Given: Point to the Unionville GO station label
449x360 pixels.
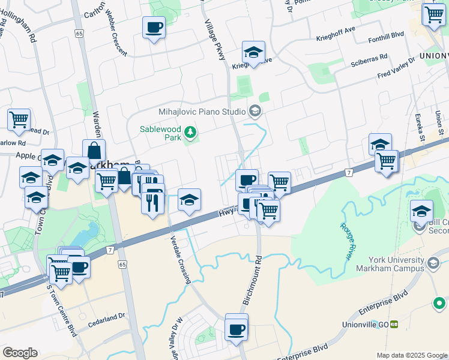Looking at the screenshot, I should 369,325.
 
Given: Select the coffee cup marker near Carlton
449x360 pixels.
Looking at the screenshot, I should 154,28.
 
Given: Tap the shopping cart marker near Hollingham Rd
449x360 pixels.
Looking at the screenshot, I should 19,119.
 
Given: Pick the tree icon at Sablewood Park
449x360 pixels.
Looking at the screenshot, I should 190,131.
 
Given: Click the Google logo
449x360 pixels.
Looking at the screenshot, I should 20,353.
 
